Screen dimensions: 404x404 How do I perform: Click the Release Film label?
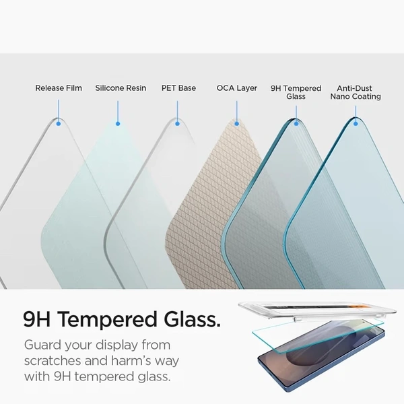(x=59, y=88)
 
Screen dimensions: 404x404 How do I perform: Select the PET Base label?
(x=178, y=88)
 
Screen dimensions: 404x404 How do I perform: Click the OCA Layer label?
(x=237, y=88)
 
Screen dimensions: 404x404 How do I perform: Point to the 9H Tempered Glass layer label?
(x=296, y=92)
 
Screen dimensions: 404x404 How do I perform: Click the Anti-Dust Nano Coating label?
(x=356, y=92)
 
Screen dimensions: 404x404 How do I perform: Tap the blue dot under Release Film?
(x=59, y=123)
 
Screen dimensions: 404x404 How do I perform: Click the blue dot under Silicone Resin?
(x=118, y=123)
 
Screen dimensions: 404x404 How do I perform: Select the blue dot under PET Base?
(x=178, y=123)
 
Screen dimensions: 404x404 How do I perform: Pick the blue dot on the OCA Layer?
(x=237, y=123)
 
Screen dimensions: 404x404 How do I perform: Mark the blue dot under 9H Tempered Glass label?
(x=296, y=123)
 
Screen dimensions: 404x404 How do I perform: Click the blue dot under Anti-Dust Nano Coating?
(x=356, y=123)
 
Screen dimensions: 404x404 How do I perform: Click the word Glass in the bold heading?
(x=187, y=319)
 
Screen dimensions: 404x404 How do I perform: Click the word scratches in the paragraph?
(x=54, y=361)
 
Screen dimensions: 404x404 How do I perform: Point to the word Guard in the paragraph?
(x=43, y=345)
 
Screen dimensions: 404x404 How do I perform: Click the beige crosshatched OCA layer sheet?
(x=202, y=202)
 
